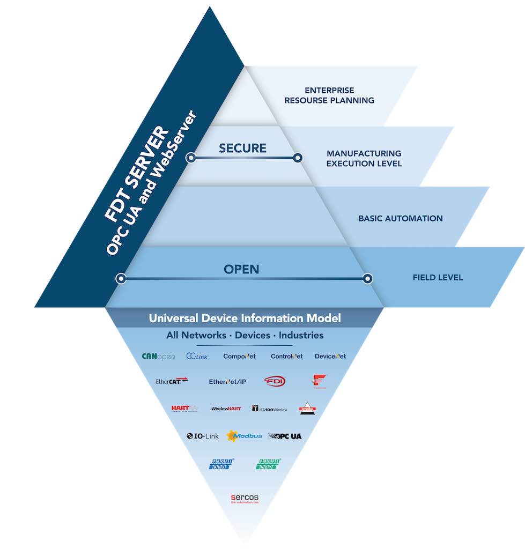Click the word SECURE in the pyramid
coord(242,149)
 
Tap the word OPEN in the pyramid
coord(241,269)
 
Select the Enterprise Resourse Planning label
coord(329,95)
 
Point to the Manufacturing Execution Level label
coord(364,158)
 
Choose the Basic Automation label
coord(400,218)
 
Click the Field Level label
coord(438,277)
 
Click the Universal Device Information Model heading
coord(245,318)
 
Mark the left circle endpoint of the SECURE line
coord(190,158)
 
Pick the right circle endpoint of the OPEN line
coord(367,278)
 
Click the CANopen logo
coord(158,356)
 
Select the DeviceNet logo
coord(330,356)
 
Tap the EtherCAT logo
coord(172,381)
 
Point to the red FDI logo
coord(275,381)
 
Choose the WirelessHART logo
coord(226,409)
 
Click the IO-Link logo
coord(203,436)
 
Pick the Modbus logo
coord(245,436)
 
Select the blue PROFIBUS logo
coord(219,464)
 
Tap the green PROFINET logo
coord(269,464)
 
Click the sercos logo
coord(245,499)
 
